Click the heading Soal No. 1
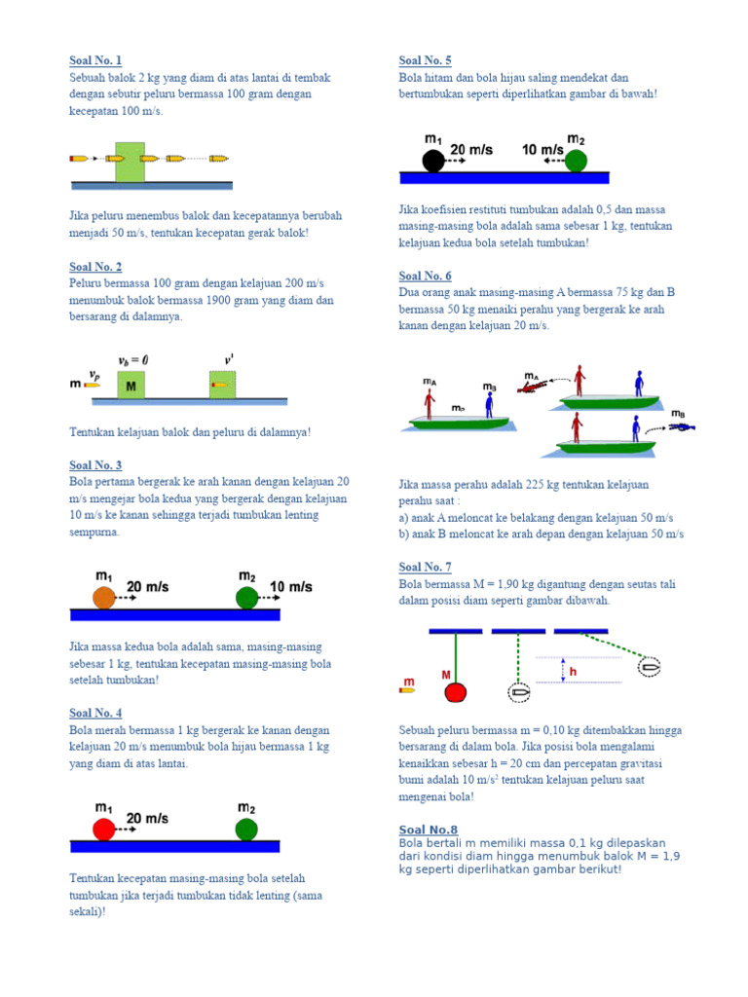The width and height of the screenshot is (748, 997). point(95,60)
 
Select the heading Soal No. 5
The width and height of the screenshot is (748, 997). point(425,60)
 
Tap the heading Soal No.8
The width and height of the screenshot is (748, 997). point(429,830)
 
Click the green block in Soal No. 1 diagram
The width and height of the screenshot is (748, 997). point(130,159)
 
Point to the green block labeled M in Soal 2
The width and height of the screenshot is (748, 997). point(131,385)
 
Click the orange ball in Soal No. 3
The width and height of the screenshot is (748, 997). point(104,598)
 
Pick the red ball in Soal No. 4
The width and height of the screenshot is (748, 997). point(104,829)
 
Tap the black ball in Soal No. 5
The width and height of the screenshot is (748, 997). point(433,161)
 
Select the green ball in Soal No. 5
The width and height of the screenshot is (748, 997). point(577,161)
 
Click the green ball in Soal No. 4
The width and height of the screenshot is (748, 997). point(247,829)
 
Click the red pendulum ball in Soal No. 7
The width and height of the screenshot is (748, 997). point(456,692)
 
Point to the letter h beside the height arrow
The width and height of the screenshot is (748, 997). point(574,672)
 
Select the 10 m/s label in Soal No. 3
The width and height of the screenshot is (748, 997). point(290,587)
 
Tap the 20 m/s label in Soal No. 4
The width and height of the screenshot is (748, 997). point(147,819)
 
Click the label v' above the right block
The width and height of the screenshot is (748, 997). point(229,359)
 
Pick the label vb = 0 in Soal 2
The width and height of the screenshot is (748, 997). point(134,359)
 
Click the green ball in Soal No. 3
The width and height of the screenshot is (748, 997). point(247,598)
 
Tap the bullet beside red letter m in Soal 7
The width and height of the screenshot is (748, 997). point(408,690)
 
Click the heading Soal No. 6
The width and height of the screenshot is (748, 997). point(425,276)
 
